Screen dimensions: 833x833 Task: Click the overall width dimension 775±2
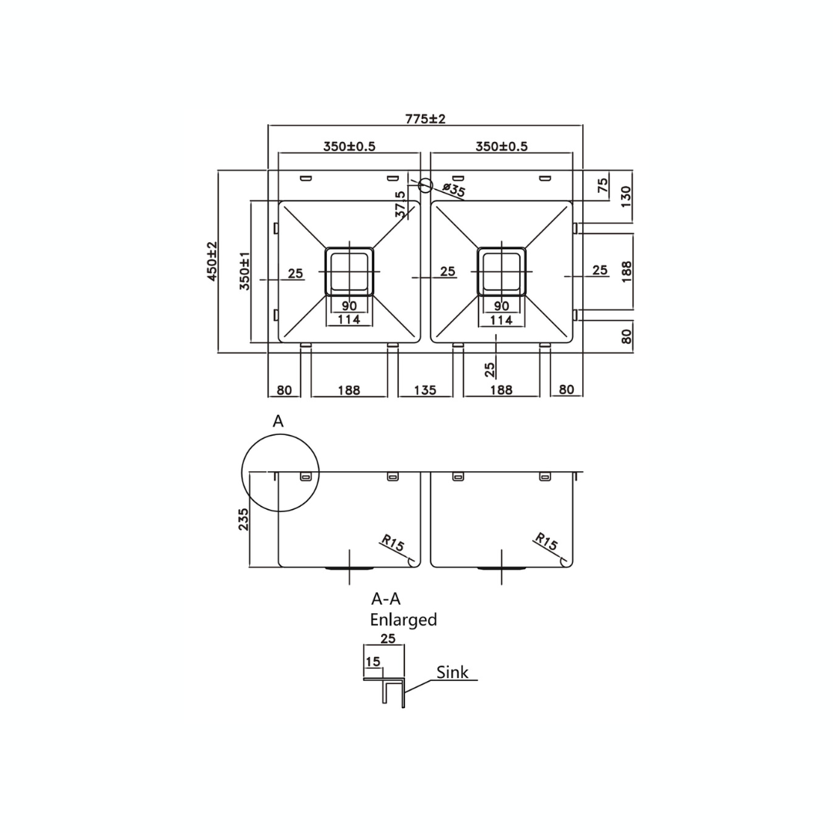click(x=426, y=119)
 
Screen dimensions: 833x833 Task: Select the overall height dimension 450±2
click(x=212, y=261)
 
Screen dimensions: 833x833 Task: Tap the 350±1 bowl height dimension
click(x=245, y=271)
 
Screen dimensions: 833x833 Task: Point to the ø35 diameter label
click(x=454, y=190)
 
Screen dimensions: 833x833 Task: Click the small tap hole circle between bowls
click(x=425, y=185)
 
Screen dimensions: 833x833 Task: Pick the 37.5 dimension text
click(x=400, y=204)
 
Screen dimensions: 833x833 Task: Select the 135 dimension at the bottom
click(x=424, y=390)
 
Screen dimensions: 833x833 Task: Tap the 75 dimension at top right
click(x=603, y=185)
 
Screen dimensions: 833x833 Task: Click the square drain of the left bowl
click(x=349, y=271)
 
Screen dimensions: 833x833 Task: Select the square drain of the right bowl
click(x=501, y=271)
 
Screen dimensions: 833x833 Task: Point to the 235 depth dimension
click(x=244, y=519)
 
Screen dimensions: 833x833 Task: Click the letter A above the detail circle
click(x=278, y=421)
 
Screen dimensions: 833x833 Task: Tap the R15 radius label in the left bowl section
click(x=393, y=543)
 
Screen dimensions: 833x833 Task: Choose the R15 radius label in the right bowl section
click(x=546, y=543)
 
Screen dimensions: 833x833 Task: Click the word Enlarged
click(x=403, y=619)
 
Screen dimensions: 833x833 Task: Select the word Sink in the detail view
click(x=452, y=672)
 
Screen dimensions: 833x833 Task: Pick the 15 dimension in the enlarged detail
click(x=373, y=662)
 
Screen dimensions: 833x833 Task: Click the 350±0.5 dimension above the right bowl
click(x=501, y=147)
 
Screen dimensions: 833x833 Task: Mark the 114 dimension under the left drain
click(x=349, y=319)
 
